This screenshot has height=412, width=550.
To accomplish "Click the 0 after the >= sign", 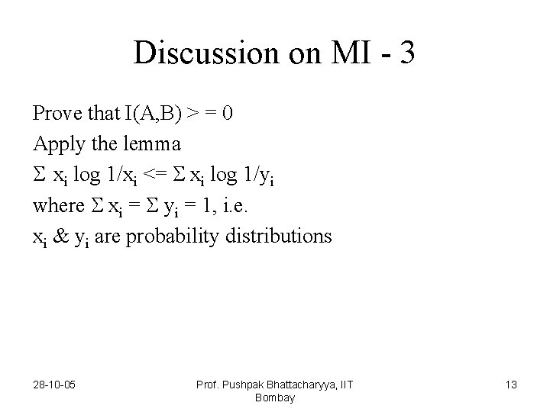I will (x=228, y=114).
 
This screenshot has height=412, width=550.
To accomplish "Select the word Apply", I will (x=55, y=144).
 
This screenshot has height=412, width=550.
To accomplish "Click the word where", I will (x=58, y=205).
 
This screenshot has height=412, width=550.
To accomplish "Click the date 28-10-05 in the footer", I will (x=53, y=385).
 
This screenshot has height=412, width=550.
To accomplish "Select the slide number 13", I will (x=510, y=385).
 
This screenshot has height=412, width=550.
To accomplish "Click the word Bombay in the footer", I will (x=275, y=398).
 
